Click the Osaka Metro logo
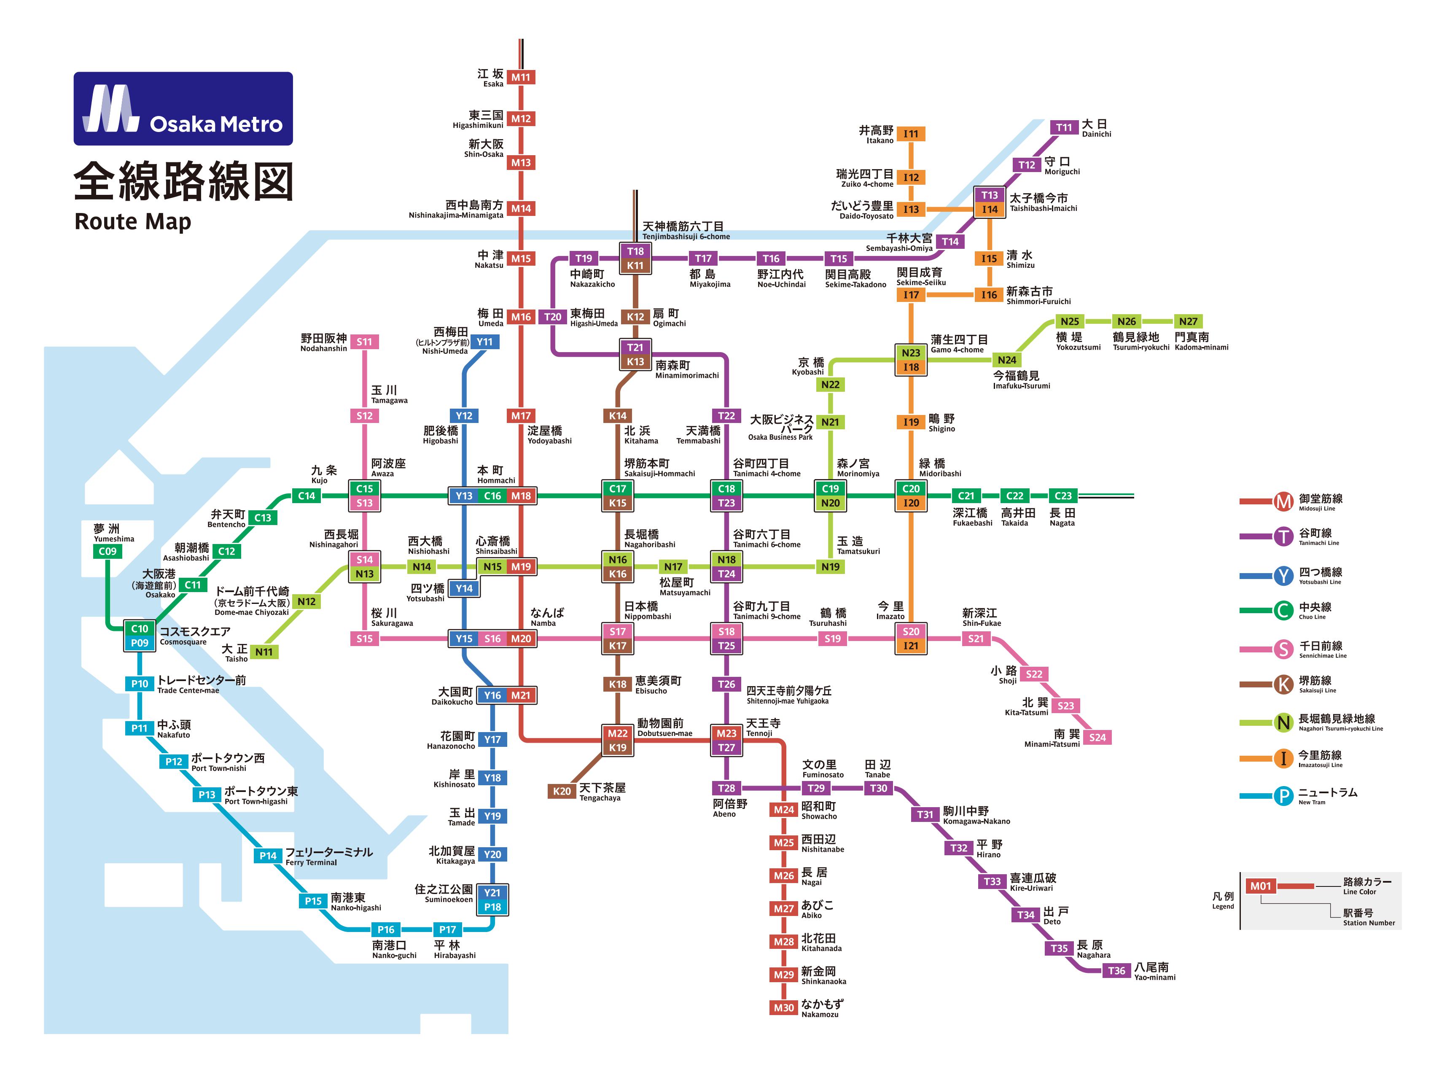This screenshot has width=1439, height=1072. tap(183, 108)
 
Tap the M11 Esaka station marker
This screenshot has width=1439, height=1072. tap(520, 77)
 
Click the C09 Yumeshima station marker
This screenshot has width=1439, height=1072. tap(108, 551)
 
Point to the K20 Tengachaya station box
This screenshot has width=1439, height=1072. tap(562, 791)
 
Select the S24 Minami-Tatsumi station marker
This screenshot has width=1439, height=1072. tap(1097, 737)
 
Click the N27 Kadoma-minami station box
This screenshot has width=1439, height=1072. tap(1188, 321)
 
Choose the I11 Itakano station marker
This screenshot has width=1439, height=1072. tap(911, 134)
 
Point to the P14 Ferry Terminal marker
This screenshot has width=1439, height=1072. tap(268, 855)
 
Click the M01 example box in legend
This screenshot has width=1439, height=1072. tap(1261, 886)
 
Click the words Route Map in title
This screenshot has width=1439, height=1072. tap(133, 221)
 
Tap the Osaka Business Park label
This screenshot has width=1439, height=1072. tap(781, 428)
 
